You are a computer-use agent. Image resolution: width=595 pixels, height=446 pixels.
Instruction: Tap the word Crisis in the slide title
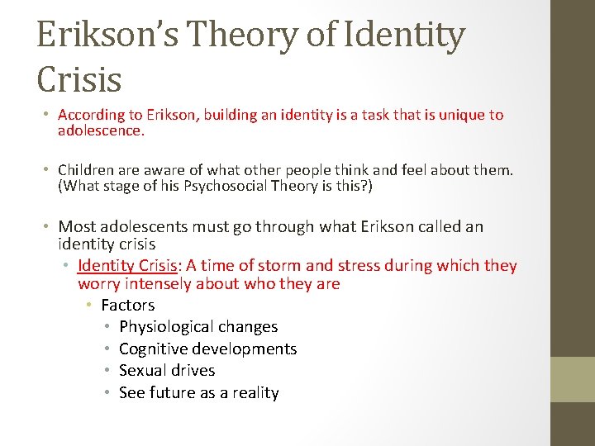point(79,79)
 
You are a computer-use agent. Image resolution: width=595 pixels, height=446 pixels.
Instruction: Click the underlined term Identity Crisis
point(129,266)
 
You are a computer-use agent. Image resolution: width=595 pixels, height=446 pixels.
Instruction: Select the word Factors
point(127,305)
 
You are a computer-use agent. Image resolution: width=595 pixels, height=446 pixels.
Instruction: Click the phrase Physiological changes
point(198,327)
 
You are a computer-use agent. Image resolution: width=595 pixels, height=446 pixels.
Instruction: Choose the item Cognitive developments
point(207,349)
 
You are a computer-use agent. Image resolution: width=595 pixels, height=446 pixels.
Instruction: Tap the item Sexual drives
point(167,371)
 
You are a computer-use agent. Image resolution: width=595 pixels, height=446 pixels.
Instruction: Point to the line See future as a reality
point(198,393)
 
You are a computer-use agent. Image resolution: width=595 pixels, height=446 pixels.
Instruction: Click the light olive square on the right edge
point(574,379)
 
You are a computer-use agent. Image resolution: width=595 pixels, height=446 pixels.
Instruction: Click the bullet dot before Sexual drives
point(108,371)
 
